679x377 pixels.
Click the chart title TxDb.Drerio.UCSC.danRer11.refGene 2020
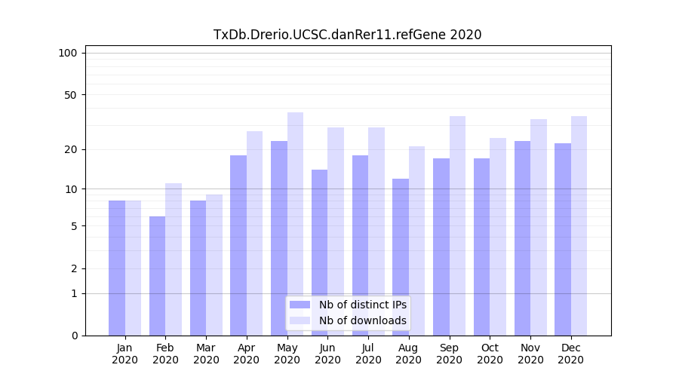[x=347, y=35]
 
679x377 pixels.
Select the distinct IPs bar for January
[x=117, y=268]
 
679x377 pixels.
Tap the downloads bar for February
[x=174, y=259]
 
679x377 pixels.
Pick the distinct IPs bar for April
[x=238, y=245]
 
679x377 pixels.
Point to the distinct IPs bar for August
[x=401, y=256]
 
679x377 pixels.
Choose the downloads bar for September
[x=457, y=225]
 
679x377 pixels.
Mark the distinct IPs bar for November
[x=522, y=238]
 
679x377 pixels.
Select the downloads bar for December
[x=579, y=225]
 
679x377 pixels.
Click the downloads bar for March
[x=214, y=265]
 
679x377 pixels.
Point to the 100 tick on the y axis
[x=68, y=53]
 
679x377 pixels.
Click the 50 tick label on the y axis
[x=70, y=95]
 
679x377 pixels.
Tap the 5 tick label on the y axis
[x=73, y=226]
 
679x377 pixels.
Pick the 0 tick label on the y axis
[x=73, y=336]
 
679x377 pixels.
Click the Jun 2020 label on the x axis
[x=327, y=354]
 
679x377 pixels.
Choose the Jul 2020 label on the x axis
[x=368, y=354]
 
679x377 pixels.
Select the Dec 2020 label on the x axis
[x=570, y=354]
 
